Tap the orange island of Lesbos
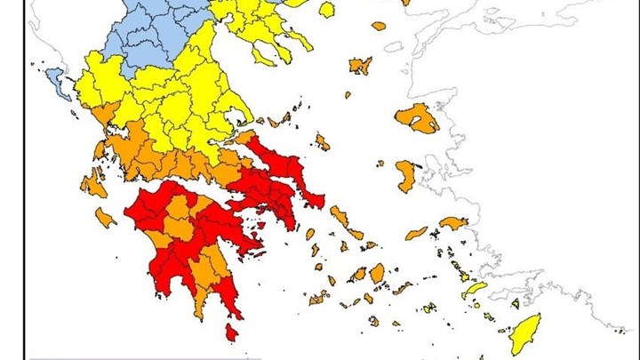point(417,117)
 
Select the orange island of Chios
point(405,175)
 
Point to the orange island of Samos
point(453,223)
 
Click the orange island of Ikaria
point(416,234)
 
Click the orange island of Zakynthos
point(106,217)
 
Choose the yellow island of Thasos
point(326,10)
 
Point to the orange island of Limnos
point(360,65)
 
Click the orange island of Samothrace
point(379,26)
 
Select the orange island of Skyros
point(322,141)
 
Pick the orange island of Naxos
point(377,272)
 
